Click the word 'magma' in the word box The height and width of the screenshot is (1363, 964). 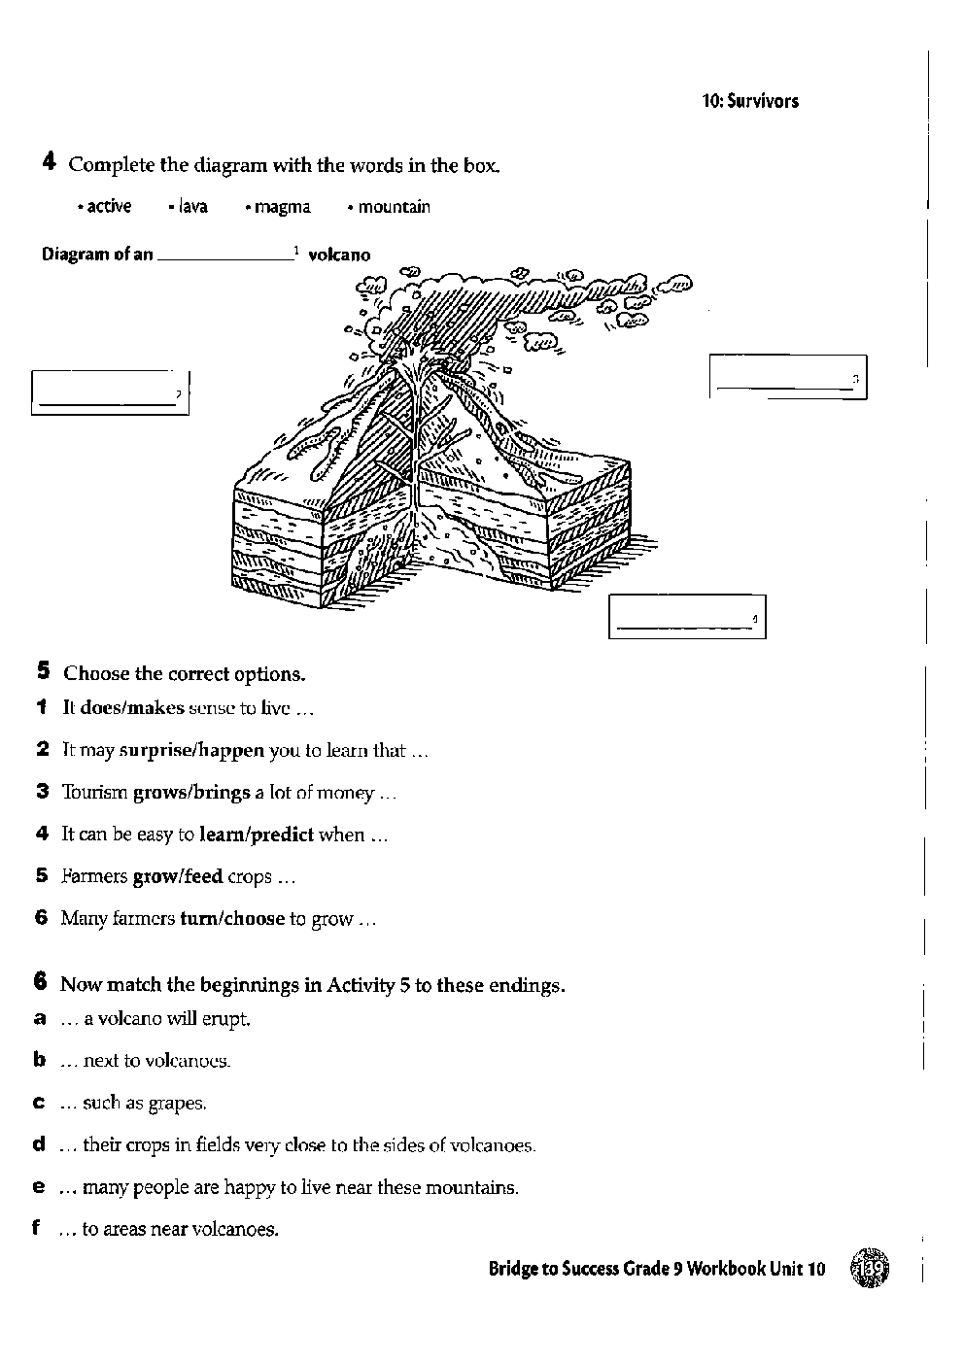pyautogui.click(x=283, y=207)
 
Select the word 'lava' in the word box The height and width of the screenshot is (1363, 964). pyautogui.click(x=192, y=207)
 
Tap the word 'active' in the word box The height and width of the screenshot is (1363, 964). pyautogui.click(x=108, y=207)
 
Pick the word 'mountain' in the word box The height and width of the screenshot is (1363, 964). pyautogui.click(x=394, y=207)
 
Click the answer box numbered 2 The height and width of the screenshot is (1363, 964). pyautogui.click(x=110, y=392)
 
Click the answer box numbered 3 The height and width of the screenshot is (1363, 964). pyautogui.click(x=787, y=377)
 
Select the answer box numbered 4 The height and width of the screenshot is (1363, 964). pyautogui.click(x=687, y=617)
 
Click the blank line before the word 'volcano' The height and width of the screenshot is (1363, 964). pyautogui.click(x=225, y=256)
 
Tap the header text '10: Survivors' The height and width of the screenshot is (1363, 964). pyautogui.click(x=750, y=101)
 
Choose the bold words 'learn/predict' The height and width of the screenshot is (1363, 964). pyautogui.click(x=257, y=835)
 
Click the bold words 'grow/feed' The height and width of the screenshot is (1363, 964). pyautogui.click(x=178, y=876)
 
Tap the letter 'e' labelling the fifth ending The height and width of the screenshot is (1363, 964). pyautogui.click(x=40, y=1186)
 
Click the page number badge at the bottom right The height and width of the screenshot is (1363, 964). pyautogui.click(x=870, y=1269)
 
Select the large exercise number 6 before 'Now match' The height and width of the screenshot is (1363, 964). pyautogui.click(x=41, y=982)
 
